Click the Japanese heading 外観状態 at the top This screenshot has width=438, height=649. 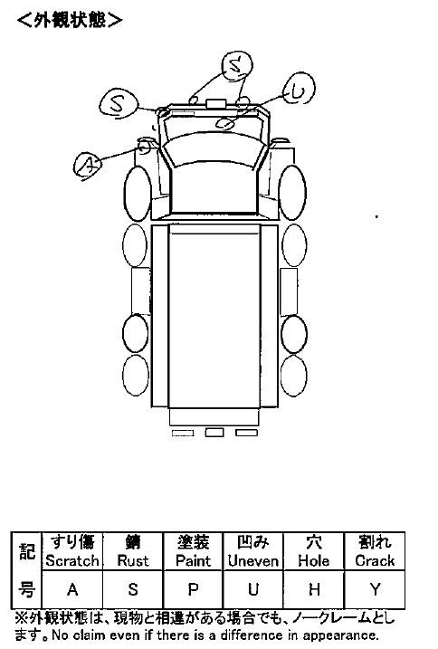coord(70,19)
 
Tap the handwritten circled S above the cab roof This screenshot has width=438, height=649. coord(237,65)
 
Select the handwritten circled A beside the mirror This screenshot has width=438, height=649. coord(88,167)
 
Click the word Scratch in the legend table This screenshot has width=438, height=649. coord(72,561)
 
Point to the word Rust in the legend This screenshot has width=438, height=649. coord(132,561)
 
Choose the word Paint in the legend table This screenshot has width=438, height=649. coord(193,561)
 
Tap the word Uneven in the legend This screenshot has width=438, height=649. coord(253,561)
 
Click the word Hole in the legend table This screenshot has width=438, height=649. coord(314,561)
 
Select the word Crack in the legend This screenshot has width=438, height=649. coord(375,561)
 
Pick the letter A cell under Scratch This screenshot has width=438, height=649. coord(72,589)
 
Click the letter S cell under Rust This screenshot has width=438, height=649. coord(132,589)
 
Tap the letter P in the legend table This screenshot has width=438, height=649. coord(193,589)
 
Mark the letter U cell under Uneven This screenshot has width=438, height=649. coord(253,589)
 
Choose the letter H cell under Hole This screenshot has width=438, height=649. coord(314,589)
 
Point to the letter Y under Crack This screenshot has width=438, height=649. coord(375,589)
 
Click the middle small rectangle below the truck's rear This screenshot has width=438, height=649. coord(214,433)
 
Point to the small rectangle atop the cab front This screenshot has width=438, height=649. coord(215,103)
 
